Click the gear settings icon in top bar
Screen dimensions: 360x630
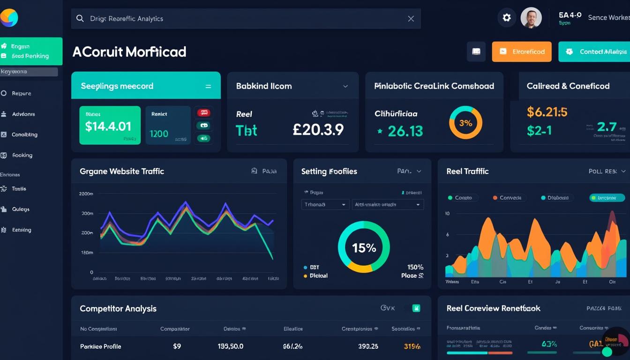[507, 18]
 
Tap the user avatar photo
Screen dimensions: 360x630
[531, 18]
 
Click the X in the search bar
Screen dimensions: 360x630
[411, 19]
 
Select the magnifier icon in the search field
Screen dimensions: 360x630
[80, 19]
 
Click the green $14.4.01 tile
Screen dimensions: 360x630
[110, 125]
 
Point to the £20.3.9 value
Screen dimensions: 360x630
[318, 130]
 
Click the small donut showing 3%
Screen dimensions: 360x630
[465, 123]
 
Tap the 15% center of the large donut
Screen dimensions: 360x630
[364, 247]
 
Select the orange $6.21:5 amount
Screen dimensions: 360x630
[547, 112]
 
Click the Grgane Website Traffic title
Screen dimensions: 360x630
[122, 172]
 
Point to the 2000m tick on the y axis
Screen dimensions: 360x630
[86, 194]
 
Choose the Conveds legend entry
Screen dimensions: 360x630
[507, 198]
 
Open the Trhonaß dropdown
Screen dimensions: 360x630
[325, 205]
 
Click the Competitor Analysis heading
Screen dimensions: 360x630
[118, 308]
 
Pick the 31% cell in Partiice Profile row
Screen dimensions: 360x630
[412, 346]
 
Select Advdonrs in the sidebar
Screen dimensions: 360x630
[23, 114]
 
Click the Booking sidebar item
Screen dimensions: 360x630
[22, 155]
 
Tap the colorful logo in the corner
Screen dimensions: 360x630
[9, 18]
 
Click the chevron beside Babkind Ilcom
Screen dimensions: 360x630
[345, 86]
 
